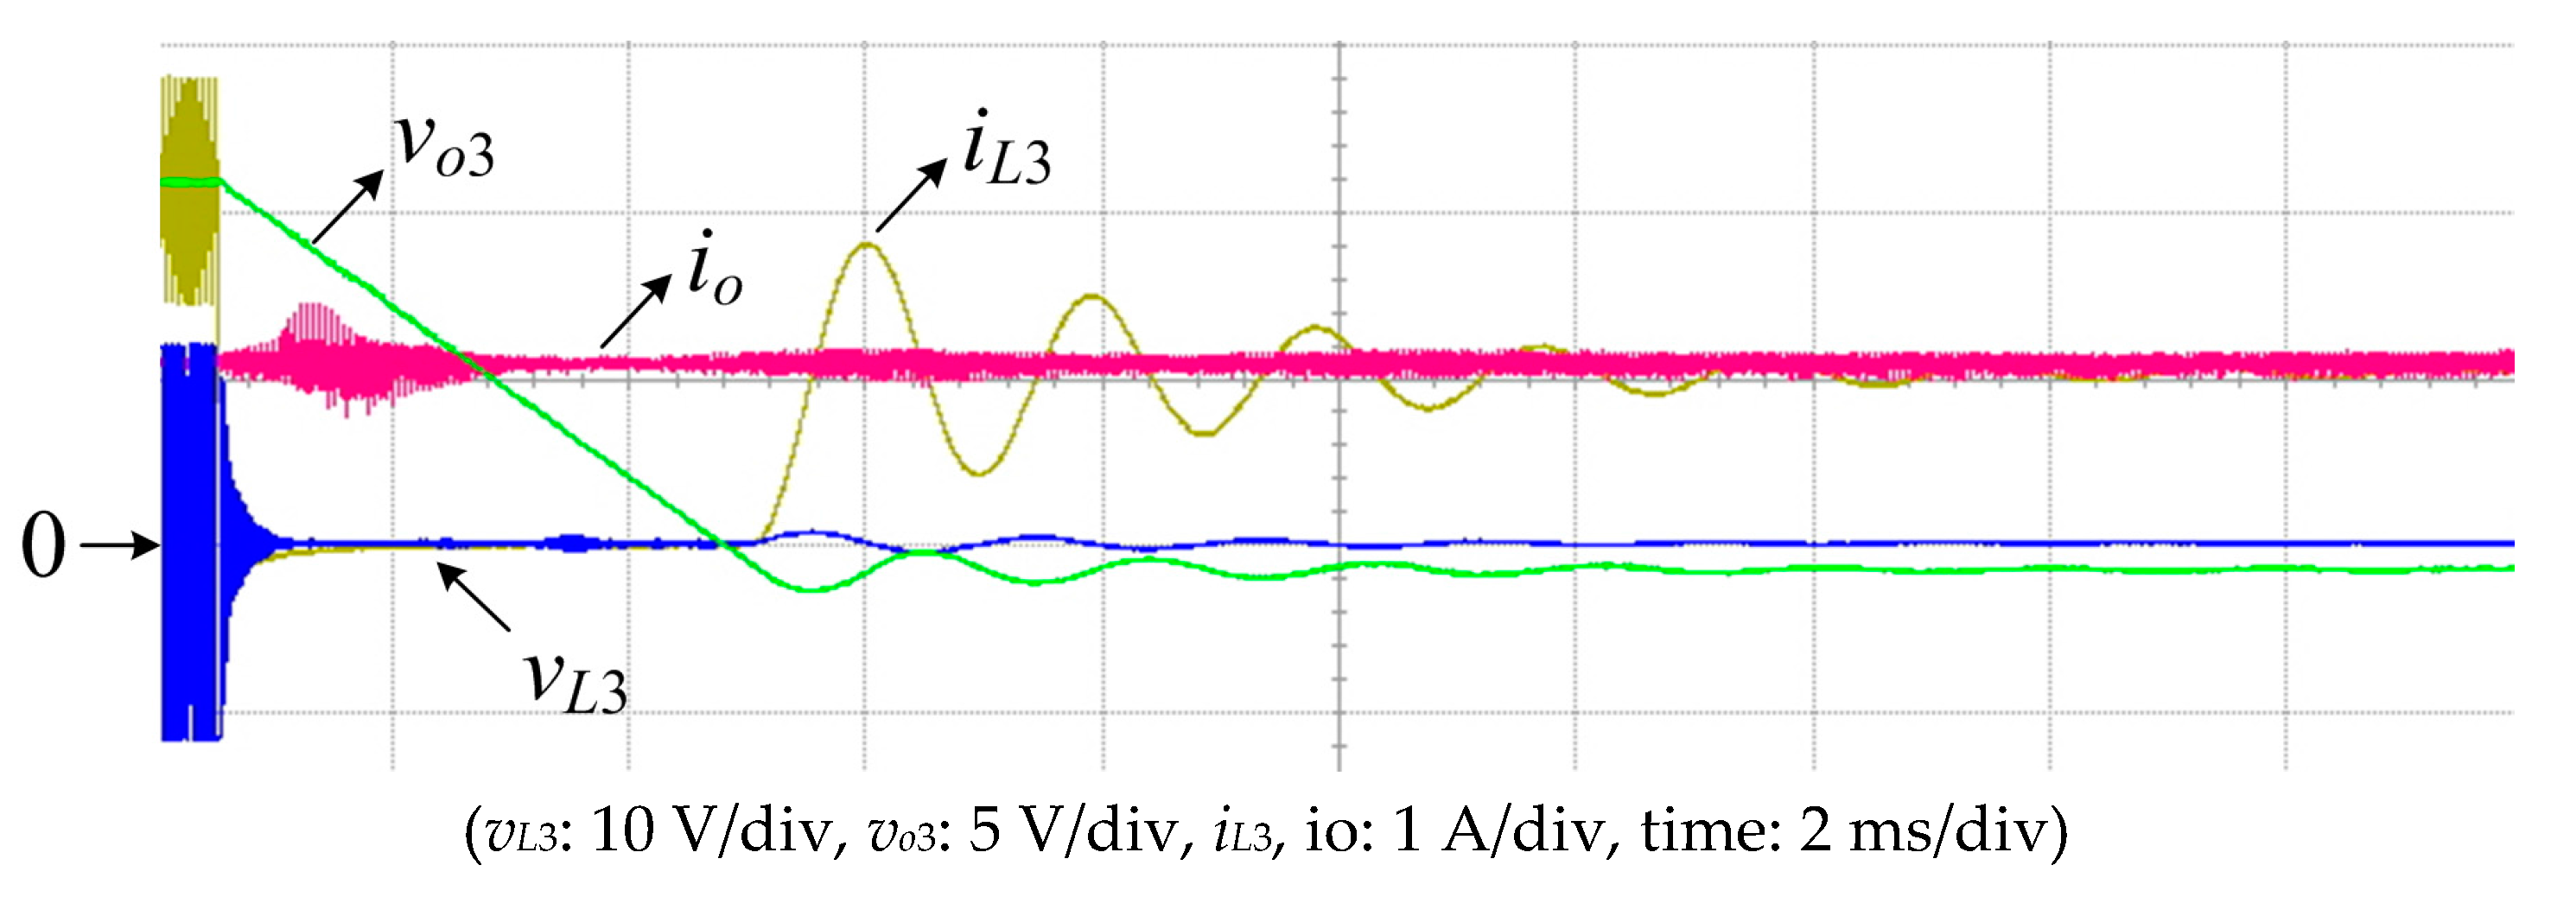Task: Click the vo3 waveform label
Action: pos(444,147)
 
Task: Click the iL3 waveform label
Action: pos(1006,152)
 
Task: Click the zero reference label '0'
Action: pos(43,546)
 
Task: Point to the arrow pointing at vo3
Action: pos(348,206)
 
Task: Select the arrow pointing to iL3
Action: pos(911,194)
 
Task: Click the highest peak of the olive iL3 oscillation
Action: pos(866,245)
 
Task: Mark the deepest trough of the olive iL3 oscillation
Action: pos(977,473)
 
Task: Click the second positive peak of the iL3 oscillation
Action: pos(1093,296)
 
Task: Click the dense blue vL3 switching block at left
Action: pos(189,544)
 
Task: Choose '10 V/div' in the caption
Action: pos(711,830)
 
